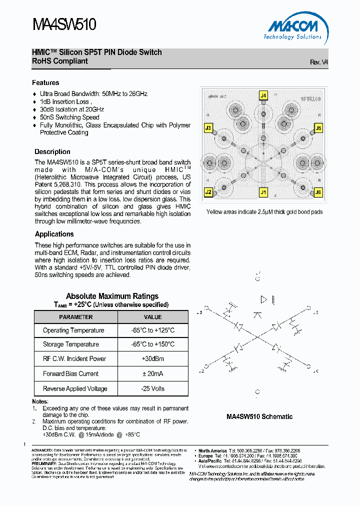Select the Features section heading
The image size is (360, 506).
click(x=45, y=83)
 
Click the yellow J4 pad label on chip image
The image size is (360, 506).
click(x=263, y=95)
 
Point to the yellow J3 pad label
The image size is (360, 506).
click(x=208, y=128)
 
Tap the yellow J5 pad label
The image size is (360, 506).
click(x=318, y=128)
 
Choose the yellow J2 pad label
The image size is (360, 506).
click(x=208, y=192)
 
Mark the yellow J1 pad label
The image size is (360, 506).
click(x=263, y=192)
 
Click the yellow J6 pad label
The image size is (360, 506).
click(x=318, y=192)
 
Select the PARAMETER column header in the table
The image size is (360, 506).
click(x=76, y=317)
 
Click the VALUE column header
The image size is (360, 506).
click(x=153, y=317)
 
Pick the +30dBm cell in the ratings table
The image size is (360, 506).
click(x=153, y=359)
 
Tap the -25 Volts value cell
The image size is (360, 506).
click(x=153, y=388)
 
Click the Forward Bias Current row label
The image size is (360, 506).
click(x=70, y=373)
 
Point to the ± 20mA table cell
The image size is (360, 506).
click(x=153, y=373)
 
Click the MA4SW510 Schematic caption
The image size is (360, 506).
click(x=259, y=416)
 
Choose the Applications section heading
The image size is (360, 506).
click(x=54, y=234)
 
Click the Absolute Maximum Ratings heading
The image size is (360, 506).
click(x=112, y=296)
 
